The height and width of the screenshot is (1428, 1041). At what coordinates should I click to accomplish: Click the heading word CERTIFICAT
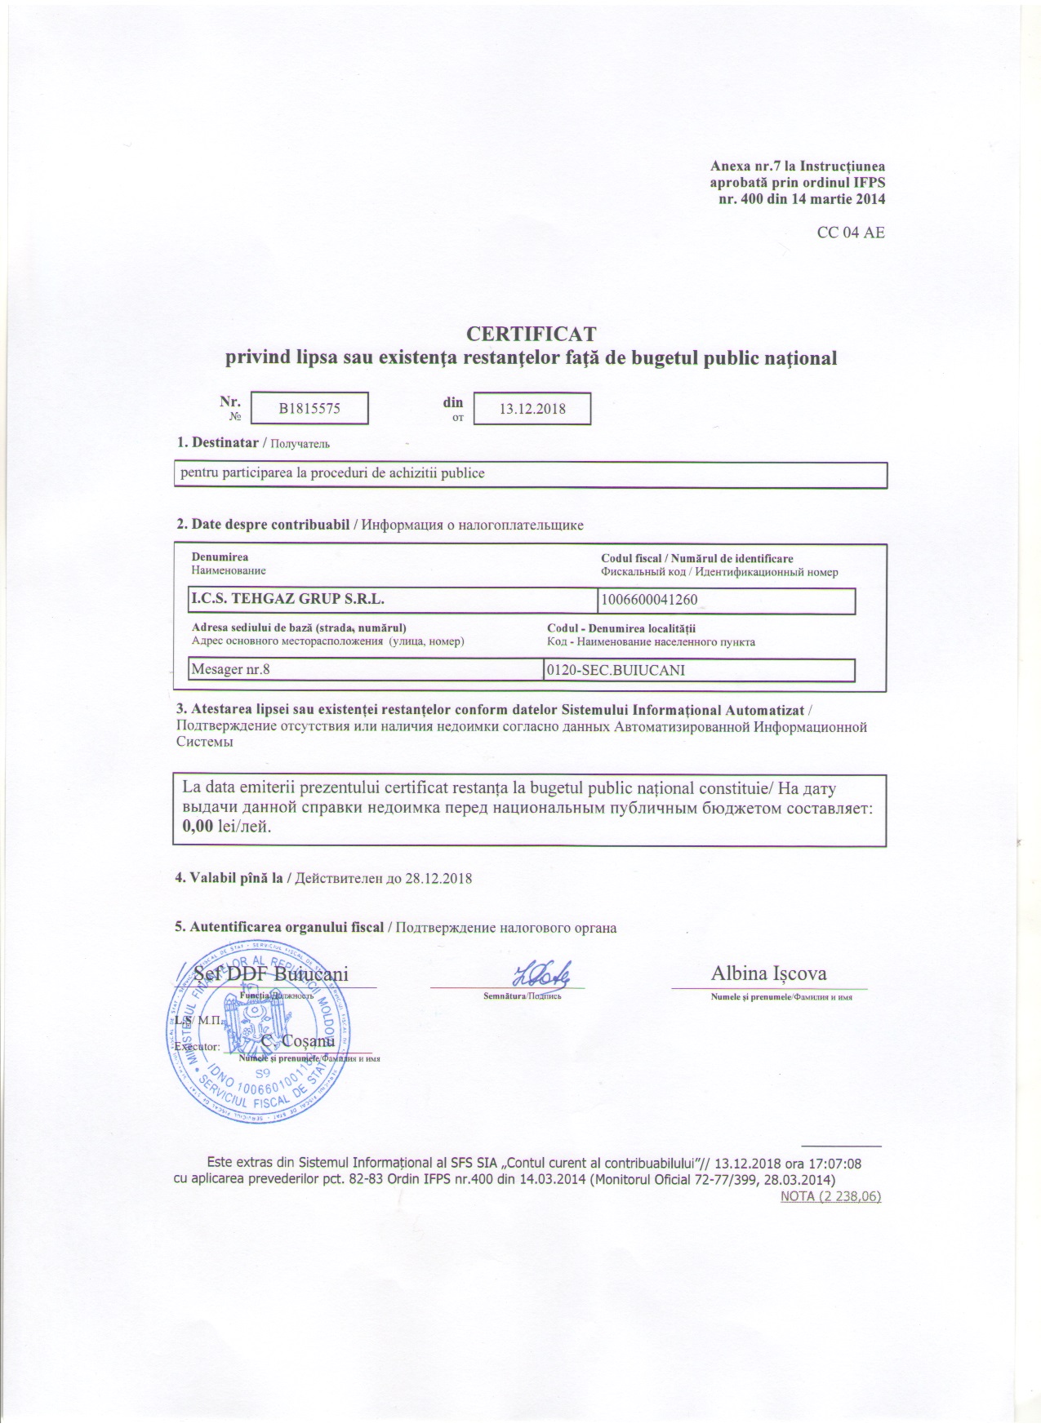531,334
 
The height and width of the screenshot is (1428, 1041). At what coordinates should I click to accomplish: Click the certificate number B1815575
309,409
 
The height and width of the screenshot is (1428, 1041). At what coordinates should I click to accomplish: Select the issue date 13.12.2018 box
532,409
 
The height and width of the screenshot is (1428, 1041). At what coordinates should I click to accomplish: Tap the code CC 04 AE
851,233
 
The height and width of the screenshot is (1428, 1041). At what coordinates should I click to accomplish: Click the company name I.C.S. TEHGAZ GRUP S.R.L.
287,599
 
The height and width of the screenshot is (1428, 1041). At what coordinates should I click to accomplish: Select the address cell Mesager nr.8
230,670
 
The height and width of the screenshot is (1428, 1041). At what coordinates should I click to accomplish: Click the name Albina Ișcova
769,973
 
